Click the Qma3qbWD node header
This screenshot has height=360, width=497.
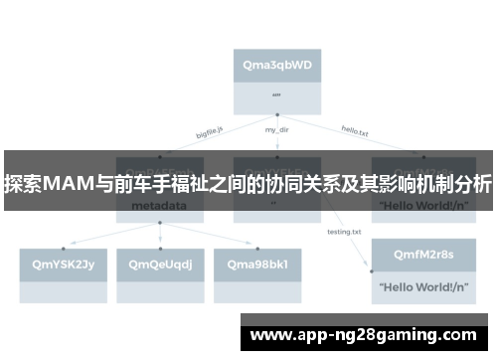pos(277,65)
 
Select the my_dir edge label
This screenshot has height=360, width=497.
pos(277,129)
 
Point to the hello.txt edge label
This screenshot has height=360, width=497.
pos(355,129)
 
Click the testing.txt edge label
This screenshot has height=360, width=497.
pos(344,232)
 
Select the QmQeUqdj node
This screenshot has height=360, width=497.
pos(160,264)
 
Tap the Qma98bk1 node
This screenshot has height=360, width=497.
pos(257,264)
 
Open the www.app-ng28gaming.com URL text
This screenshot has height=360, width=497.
pos(363,334)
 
